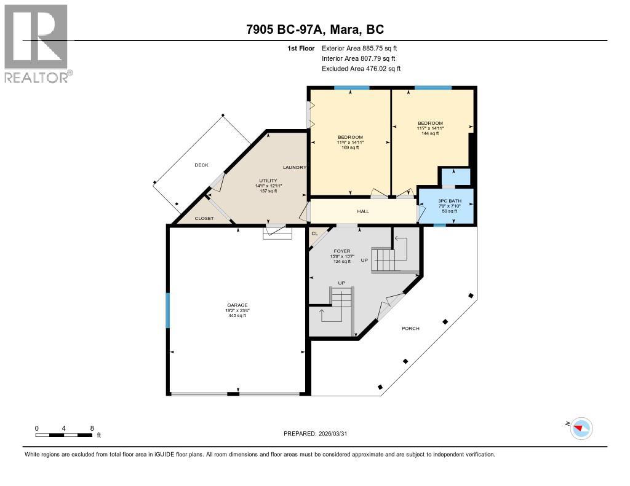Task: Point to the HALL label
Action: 363,211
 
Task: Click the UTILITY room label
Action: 267,180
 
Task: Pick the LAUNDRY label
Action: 294,168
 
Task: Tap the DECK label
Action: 202,165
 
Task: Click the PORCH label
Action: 410,328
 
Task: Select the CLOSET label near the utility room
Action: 204,218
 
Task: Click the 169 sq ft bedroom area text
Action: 350,147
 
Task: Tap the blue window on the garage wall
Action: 167,310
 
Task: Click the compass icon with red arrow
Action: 581,428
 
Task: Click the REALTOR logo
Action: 37,43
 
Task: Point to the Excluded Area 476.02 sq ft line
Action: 361,69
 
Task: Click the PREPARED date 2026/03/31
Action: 319,433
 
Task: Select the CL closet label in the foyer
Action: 314,233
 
